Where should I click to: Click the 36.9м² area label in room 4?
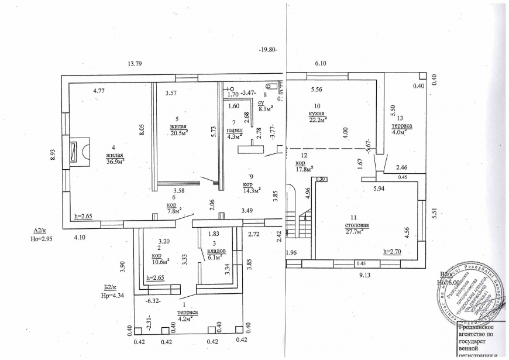pyautogui.click(x=115, y=162)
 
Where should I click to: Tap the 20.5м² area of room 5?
pyautogui.click(x=179, y=132)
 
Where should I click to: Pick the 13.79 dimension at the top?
pyautogui.click(x=135, y=63)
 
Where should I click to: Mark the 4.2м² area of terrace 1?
pyautogui.click(x=187, y=319)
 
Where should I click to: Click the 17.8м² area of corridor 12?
pyautogui.click(x=304, y=169)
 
